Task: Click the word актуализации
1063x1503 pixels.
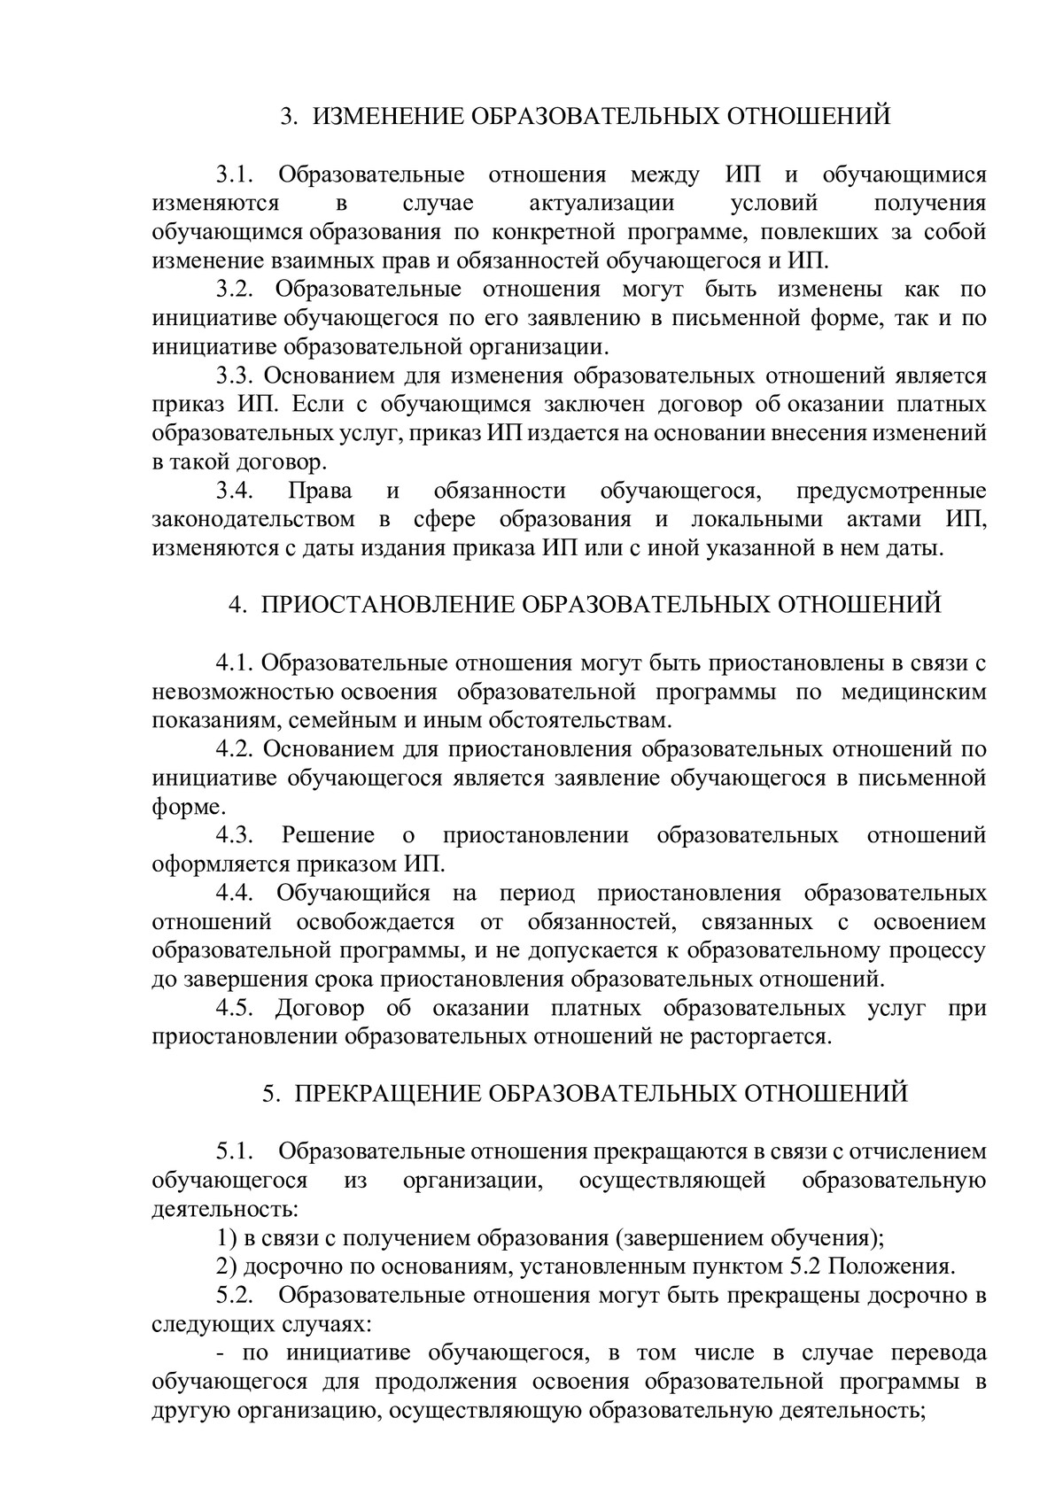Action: coord(601,204)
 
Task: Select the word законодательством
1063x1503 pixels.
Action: coord(253,519)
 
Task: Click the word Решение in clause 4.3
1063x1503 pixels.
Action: coord(328,835)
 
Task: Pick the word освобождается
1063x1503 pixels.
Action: coord(376,922)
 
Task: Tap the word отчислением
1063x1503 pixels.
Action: coord(918,1152)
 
